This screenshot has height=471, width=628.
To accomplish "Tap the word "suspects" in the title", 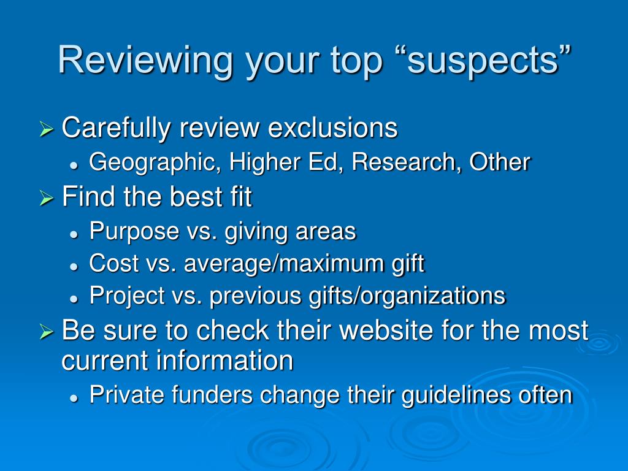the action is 489,60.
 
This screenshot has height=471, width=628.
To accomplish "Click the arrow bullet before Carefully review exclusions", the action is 47,129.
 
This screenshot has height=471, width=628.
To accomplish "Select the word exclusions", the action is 332,128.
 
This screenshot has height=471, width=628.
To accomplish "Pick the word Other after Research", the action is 500,162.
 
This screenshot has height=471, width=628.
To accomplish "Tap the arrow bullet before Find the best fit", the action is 47,198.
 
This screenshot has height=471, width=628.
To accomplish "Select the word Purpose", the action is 134,232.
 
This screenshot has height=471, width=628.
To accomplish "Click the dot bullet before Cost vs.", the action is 74,266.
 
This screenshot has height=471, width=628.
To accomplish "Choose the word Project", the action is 127,296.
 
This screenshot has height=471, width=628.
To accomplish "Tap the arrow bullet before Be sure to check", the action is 47,332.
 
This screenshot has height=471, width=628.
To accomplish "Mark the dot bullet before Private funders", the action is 74,397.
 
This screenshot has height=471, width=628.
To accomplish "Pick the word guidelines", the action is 456,396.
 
